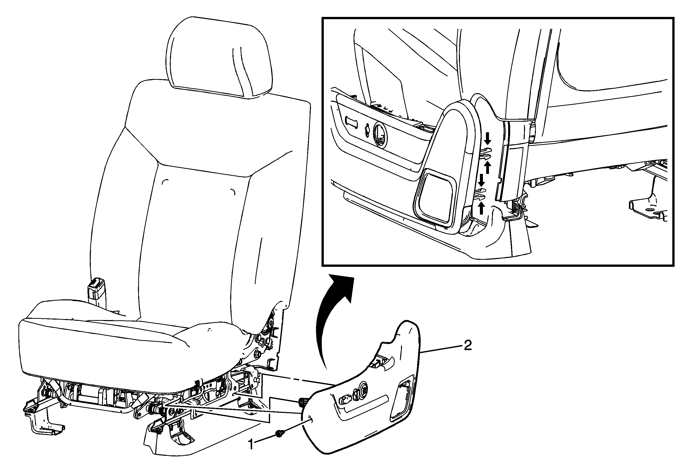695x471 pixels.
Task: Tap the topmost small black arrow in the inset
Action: pyautogui.click(x=488, y=138)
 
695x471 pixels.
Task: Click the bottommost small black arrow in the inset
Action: pyautogui.click(x=481, y=208)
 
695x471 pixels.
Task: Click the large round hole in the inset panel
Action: pyautogui.click(x=379, y=135)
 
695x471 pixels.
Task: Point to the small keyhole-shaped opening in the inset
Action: pyautogui.click(x=367, y=131)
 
